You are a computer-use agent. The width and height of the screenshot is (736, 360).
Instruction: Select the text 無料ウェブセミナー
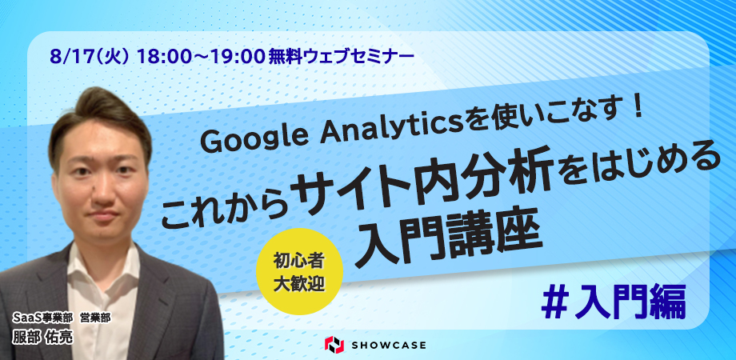click(342, 58)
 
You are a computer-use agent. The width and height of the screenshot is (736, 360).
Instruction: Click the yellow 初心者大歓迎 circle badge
click(299, 271)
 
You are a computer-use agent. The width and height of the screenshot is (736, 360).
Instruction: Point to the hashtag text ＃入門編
click(614, 302)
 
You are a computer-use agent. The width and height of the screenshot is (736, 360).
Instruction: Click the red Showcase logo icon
click(334, 345)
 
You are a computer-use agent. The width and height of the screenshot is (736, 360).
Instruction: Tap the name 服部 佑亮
click(42, 338)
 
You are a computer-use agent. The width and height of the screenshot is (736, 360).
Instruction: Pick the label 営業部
click(95, 318)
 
